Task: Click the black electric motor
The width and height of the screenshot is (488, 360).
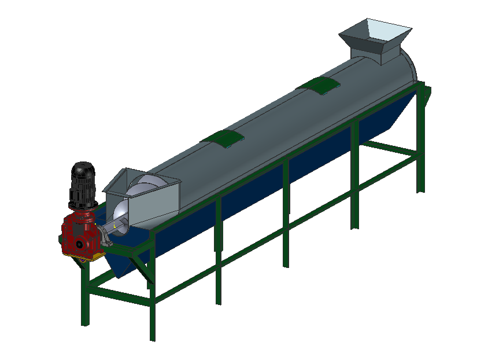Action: [82, 188]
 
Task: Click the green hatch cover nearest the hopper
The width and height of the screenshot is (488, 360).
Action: [319, 85]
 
